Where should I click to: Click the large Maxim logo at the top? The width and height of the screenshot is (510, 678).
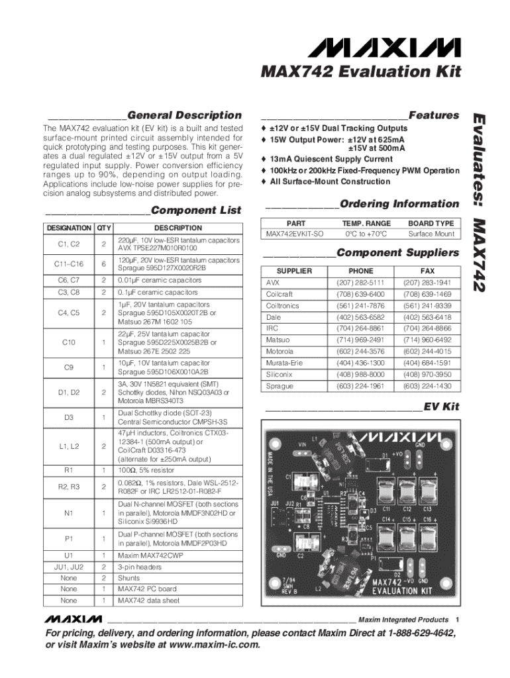[384, 48]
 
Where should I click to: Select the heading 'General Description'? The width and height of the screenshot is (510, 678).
[185, 115]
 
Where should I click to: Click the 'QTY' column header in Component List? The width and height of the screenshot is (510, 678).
[104, 228]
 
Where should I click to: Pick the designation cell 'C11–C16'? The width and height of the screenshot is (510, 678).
[69, 264]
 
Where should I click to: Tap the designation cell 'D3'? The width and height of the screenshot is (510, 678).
[69, 417]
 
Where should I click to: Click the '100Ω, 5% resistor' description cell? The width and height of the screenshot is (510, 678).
[146, 470]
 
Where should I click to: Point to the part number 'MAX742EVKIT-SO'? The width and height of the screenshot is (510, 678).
[295, 234]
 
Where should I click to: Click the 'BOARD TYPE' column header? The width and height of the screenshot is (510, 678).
[431, 223]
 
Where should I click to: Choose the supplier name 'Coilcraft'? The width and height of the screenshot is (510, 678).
[279, 294]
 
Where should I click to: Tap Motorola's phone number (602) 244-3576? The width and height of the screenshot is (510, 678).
[360, 352]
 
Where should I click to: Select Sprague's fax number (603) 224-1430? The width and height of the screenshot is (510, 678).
[427, 386]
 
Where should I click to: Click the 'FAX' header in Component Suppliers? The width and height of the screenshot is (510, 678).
[427, 271]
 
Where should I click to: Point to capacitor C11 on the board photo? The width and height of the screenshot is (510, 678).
[385, 492]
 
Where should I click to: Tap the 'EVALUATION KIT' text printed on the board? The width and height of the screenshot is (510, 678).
[402, 591]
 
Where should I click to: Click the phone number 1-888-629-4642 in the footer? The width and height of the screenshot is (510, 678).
[422, 633]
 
